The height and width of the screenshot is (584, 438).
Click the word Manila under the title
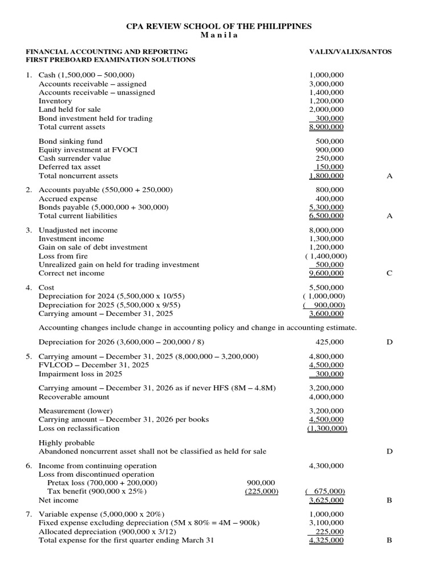[219, 35]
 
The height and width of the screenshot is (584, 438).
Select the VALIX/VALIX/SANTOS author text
[350, 51]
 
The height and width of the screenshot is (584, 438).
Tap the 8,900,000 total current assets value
[326, 127]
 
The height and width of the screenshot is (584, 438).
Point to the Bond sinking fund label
[62, 141]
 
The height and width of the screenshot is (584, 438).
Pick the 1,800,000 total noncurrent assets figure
[326, 176]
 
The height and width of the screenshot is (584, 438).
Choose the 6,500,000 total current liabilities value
[326, 216]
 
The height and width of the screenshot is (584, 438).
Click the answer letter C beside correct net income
[390, 273]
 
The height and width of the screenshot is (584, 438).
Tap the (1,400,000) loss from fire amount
[326, 256]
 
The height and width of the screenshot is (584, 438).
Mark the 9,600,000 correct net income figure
[326, 273]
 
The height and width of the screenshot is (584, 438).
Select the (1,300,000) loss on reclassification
[326, 428]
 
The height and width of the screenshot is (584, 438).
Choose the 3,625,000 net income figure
[326, 500]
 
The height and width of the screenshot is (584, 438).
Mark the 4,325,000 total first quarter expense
[326, 540]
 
